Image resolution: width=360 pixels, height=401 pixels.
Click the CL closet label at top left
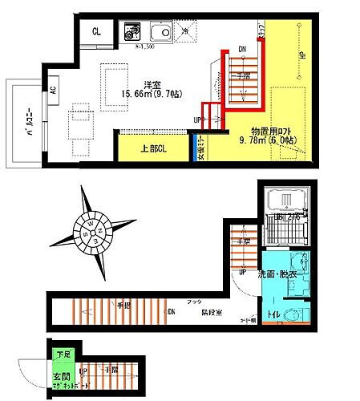click(96, 31)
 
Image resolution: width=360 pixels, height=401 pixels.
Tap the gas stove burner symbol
click(132, 34)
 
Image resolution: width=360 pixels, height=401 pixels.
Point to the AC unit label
click(55, 90)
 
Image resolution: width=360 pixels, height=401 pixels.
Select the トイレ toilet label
click(273, 314)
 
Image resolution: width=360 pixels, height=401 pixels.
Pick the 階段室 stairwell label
click(212, 314)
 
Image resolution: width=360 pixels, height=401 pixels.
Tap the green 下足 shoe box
click(62, 354)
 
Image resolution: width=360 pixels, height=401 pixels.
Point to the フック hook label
click(193, 302)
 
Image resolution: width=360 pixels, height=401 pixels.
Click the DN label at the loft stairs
click(243, 50)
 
